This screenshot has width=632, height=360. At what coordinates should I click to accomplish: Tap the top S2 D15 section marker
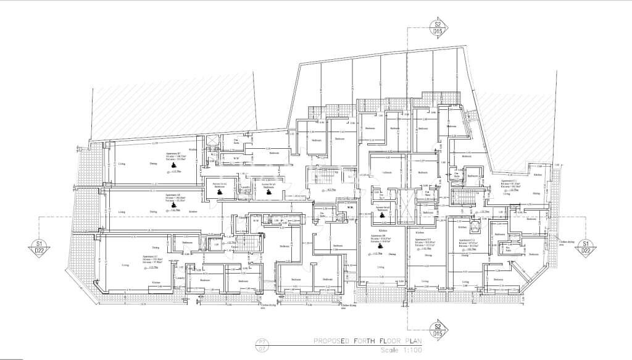click(437, 27)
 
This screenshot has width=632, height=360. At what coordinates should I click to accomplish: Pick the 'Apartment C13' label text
click(423, 240)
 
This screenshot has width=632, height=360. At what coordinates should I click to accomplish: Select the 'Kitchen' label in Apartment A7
click(156, 282)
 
